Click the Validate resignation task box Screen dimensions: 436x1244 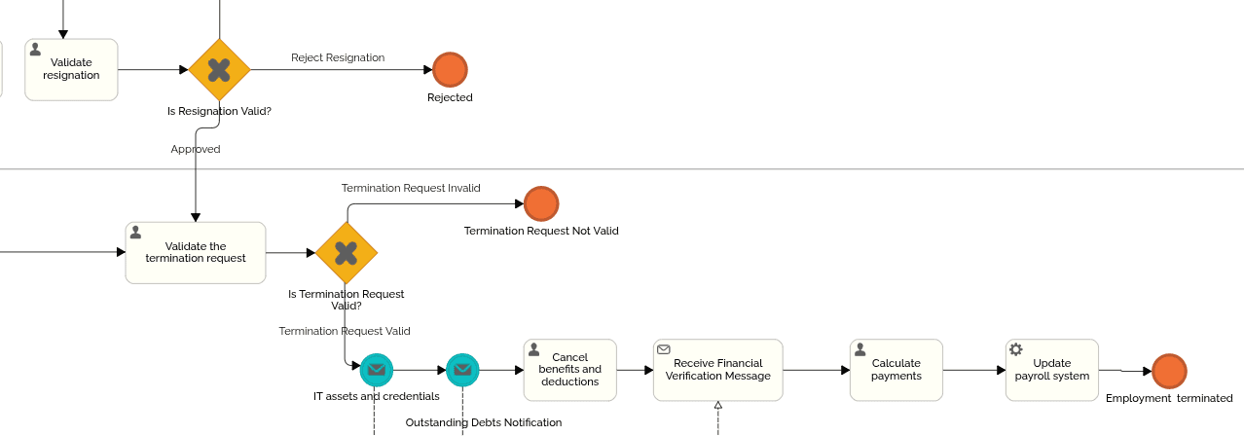point(71,69)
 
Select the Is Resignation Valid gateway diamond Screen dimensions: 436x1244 point(219,70)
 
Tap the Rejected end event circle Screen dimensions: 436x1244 point(450,70)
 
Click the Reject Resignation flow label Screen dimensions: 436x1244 point(338,57)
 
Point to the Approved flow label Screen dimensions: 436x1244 point(196,149)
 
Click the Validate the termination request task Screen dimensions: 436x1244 point(195,253)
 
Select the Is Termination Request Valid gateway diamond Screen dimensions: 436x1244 point(346,253)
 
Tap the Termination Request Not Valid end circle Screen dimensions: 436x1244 point(541,204)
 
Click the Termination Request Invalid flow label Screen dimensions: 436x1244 point(411,188)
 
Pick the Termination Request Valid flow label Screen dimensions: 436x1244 point(345,331)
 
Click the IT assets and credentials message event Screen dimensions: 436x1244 point(376,370)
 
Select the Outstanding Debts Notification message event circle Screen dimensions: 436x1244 point(462,370)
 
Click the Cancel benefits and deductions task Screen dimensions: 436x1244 point(569,370)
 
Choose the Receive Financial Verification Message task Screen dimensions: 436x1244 point(717,370)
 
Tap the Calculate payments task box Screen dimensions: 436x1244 point(896,370)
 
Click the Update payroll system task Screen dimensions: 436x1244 point(1051,370)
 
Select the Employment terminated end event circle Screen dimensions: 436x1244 point(1169,371)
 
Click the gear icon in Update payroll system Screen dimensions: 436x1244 point(1016,349)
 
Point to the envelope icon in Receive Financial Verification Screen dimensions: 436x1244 point(664,349)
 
